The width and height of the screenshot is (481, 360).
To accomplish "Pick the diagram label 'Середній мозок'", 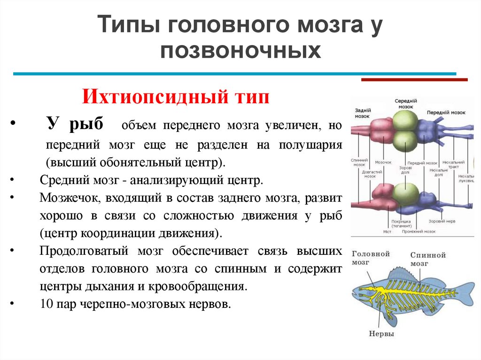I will tap(405, 104).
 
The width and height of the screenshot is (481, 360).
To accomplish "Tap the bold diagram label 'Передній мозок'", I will tap(446, 113).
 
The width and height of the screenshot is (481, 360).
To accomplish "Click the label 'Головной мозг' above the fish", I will tap(371, 257).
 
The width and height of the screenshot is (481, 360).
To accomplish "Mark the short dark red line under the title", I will tap(414, 80).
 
